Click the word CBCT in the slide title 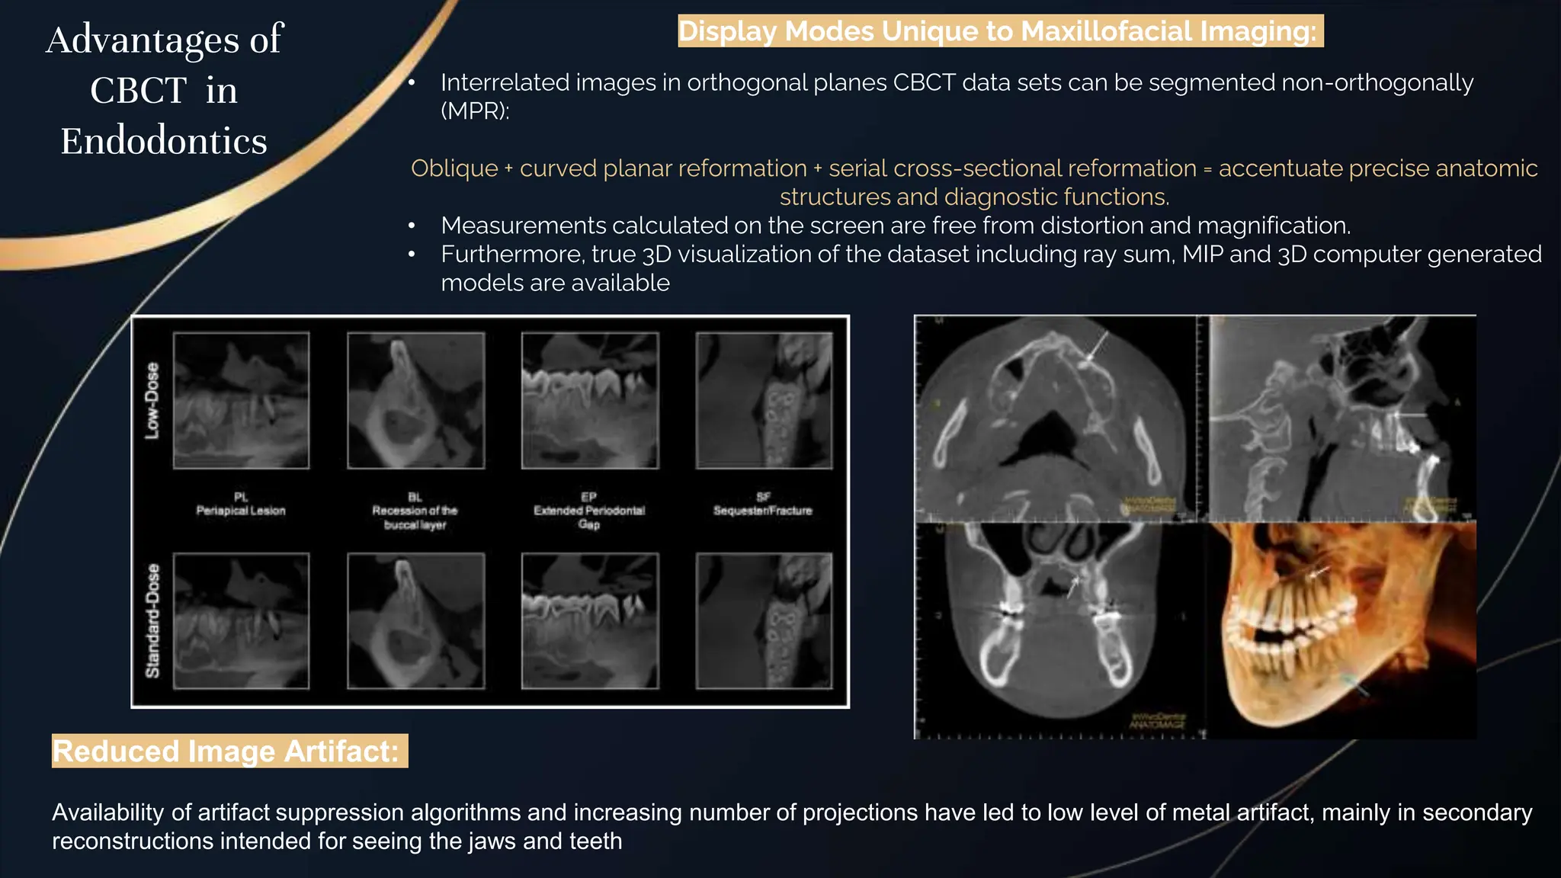tap(138, 91)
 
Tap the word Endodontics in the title tap(164, 142)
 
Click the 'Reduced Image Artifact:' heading tap(226, 751)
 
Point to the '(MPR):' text tap(475, 111)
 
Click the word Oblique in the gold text tap(454, 168)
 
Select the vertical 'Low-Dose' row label tap(152, 400)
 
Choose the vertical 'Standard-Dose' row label tap(153, 620)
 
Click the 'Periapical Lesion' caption tap(241, 511)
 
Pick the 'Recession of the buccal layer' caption tap(415, 518)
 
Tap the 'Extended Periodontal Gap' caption tap(589, 518)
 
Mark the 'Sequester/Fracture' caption tap(763, 511)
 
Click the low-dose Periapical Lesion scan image tap(241, 400)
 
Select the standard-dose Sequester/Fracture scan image tap(764, 620)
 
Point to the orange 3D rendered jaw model tap(1341, 629)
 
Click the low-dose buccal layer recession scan tap(415, 400)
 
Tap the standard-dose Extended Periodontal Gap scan tap(590, 620)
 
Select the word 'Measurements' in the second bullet tap(523, 226)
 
